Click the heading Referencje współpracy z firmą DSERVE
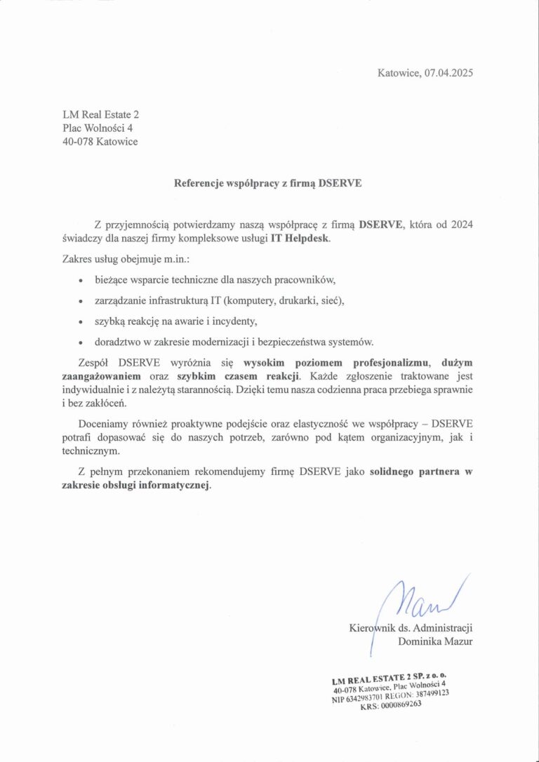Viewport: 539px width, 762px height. pos(268,183)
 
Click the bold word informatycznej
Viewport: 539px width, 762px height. pos(175,485)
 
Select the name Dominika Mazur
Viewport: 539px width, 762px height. pos(435,641)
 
